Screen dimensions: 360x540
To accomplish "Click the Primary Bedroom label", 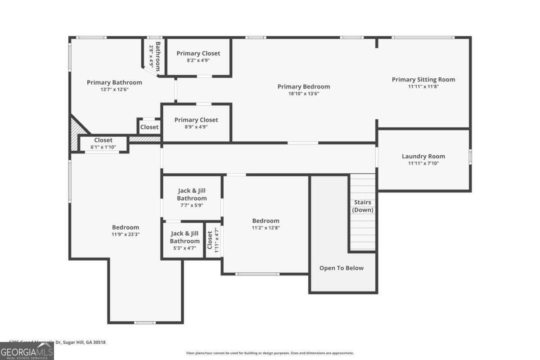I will click(303, 86).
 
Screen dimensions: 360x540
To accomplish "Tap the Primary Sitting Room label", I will click(423, 80).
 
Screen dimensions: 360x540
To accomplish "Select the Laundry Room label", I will click(423, 156).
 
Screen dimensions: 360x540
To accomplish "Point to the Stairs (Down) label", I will click(362, 206).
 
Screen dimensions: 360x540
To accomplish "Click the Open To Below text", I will click(341, 268).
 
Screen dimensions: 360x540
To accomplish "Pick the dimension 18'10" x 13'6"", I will click(303, 94).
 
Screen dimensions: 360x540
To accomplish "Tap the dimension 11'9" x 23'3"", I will click(126, 234).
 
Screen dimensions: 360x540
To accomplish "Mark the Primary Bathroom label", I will click(114, 82).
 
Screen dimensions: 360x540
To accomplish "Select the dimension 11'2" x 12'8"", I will click(265, 228).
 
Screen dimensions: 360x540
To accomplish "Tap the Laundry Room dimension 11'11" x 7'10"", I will click(423, 163).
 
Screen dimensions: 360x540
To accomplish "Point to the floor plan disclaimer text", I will click(270, 353).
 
